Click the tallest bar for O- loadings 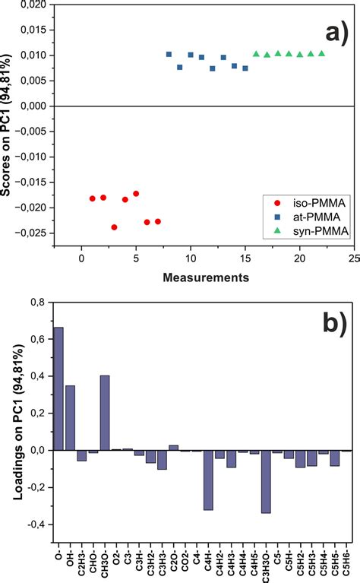[58, 388]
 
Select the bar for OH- [70, 417]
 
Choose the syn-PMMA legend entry [308, 232]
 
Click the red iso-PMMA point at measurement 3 [114, 227]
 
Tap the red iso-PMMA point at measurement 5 [136, 194]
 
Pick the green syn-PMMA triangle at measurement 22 [321, 53]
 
